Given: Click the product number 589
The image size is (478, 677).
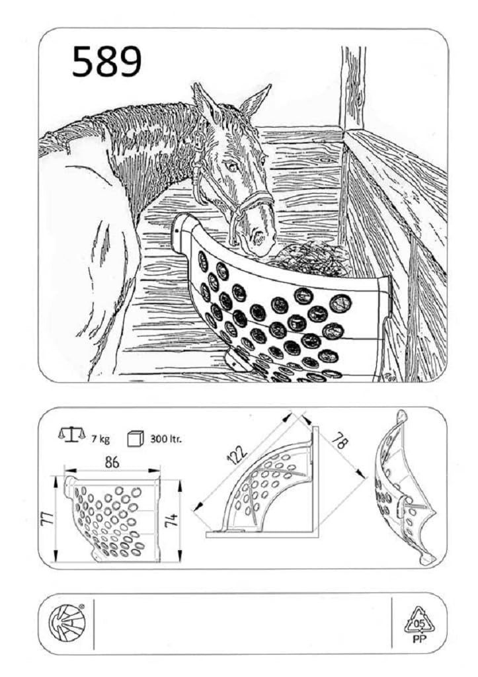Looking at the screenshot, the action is [106, 62].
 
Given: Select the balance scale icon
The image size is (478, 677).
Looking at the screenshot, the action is [71, 434].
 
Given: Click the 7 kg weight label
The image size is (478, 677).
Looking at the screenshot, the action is [100, 440].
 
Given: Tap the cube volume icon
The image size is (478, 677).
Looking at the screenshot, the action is [135, 438].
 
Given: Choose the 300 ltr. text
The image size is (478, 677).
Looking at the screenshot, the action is [166, 440].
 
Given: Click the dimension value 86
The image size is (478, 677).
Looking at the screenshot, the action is [112, 461].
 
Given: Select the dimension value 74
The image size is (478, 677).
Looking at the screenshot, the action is [172, 518].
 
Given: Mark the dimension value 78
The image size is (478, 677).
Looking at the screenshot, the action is [342, 441].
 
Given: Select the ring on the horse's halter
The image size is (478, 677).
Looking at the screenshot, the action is [200, 139].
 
